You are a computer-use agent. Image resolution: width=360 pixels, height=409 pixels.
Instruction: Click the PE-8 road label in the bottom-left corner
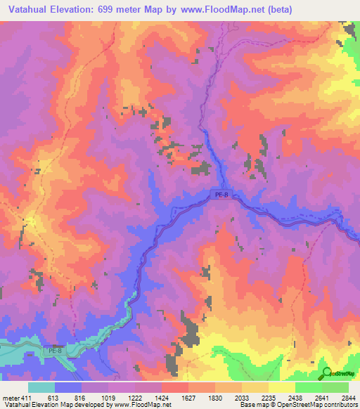coord(56,350)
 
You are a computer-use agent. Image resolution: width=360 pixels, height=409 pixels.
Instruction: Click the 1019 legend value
coord(110,397)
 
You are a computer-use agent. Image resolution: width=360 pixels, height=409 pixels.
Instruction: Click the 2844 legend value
coord(348,397)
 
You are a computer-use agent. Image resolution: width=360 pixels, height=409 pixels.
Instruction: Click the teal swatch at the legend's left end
coord(41,387)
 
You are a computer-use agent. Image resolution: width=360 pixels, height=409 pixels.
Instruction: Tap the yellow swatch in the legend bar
coord(281,387)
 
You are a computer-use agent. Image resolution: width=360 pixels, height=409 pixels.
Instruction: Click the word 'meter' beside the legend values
coord(11,397)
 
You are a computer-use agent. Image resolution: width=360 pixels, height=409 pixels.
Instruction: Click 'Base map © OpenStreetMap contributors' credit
coord(298,405)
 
